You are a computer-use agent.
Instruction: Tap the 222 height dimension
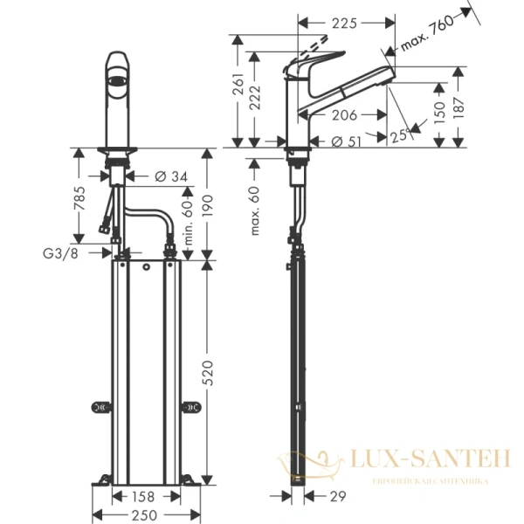[x=255, y=103]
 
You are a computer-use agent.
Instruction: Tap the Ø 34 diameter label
[x=170, y=177]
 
